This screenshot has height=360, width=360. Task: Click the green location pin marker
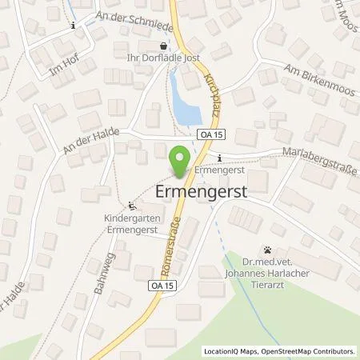[180, 157]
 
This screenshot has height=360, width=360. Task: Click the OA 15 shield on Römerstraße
[160, 285]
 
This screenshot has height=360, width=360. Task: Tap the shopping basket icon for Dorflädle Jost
[165, 46]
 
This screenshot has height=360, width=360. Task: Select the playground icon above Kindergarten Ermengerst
[132, 205]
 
